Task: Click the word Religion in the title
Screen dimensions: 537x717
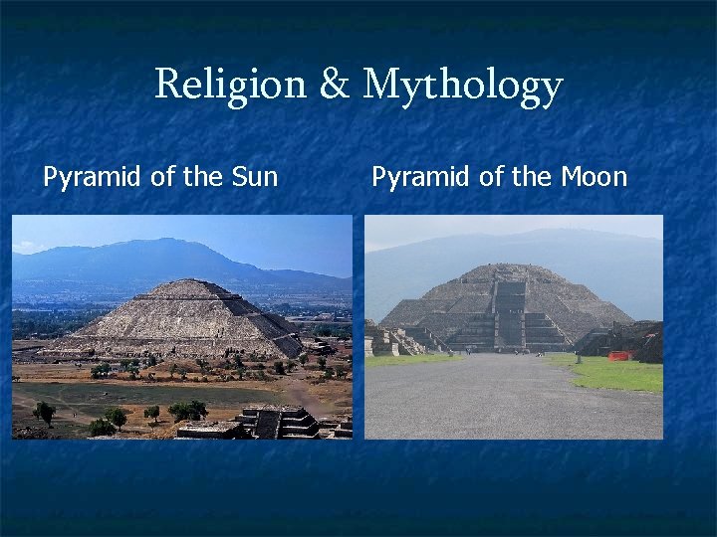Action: click(231, 86)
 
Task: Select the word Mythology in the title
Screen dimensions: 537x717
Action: click(462, 88)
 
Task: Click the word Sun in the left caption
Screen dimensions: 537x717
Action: click(254, 178)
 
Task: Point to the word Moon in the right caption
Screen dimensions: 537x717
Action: click(594, 178)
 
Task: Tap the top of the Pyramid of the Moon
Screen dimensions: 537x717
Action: click(510, 266)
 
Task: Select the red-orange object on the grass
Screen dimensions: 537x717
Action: click(619, 355)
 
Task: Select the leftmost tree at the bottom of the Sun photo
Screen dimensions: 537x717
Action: click(44, 411)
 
